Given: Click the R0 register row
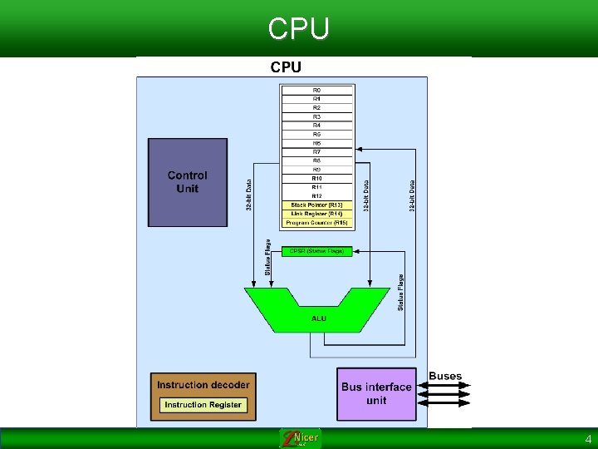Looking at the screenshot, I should coord(316,90).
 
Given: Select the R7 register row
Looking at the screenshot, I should coord(316,152).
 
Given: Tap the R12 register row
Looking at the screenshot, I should coord(316,196).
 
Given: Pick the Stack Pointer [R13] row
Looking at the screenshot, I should coord(316,205).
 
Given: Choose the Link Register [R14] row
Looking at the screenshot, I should coord(316,214).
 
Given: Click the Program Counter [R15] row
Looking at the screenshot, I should coord(316,223).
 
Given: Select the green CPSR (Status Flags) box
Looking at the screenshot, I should coord(316,251).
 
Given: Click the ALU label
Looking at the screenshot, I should coord(319,318).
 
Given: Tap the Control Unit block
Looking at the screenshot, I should coord(188,182).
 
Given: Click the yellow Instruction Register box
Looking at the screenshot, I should coord(203,405).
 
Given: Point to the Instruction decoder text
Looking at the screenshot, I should coord(203,385).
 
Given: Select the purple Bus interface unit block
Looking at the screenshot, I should coord(376,393).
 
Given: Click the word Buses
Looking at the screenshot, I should coord(445,377).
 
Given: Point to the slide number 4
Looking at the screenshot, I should coord(588,439).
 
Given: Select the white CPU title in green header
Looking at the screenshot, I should coord(299,28).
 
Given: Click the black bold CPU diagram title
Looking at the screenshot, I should coord(285,67).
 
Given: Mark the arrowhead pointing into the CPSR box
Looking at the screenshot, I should coord(355,249).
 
